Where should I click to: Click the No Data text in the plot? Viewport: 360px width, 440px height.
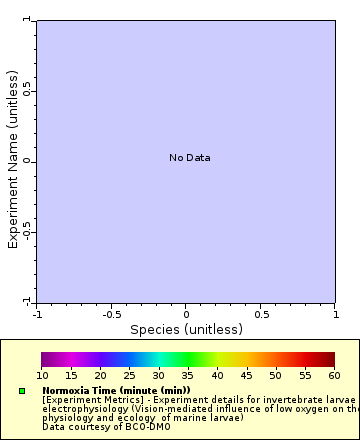tap(189, 158)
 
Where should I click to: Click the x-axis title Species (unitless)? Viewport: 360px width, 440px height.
tap(186, 329)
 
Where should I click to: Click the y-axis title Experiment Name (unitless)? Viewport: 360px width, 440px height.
tap(14, 160)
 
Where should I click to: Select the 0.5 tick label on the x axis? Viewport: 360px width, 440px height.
tap(260, 312)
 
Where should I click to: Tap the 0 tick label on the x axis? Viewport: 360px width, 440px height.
tap(186, 312)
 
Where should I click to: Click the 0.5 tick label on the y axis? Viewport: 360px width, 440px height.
tap(29, 91)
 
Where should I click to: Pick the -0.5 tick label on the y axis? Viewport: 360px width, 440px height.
tap(29, 231)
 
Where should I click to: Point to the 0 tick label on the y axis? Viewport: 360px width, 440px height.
tap(29, 161)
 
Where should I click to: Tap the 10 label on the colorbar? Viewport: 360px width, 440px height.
tap(42, 375)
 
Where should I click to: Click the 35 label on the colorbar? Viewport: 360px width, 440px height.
tap(188, 375)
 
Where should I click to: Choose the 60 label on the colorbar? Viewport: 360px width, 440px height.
tap(334, 375)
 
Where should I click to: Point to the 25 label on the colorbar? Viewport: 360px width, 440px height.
tap(129, 375)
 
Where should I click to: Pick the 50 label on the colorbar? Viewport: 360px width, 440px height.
tap(275, 375)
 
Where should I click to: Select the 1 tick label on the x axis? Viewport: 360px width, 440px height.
tap(334, 312)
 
